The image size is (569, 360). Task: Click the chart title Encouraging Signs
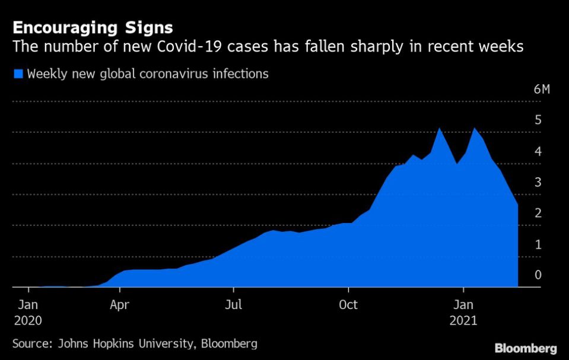tap(93, 27)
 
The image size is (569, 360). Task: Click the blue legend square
tap(18, 74)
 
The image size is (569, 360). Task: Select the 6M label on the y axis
tap(542, 90)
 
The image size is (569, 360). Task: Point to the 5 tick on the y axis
tap(538, 120)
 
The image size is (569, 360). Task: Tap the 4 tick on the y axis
tap(538, 151)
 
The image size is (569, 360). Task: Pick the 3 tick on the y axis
tap(538, 182)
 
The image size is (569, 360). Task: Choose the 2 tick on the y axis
tap(538, 213)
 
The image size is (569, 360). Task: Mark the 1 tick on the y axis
tap(538, 244)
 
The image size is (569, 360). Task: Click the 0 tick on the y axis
tap(538, 275)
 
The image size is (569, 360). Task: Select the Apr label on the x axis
tap(120, 305)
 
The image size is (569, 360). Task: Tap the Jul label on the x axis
tap(234, 305)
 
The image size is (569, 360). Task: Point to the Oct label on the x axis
tap(348, 305)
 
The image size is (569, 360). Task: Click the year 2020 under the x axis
tap(27, 320)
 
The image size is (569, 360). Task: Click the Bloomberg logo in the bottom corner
tap(526, 348)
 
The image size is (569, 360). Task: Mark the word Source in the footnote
tap(31, 343)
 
